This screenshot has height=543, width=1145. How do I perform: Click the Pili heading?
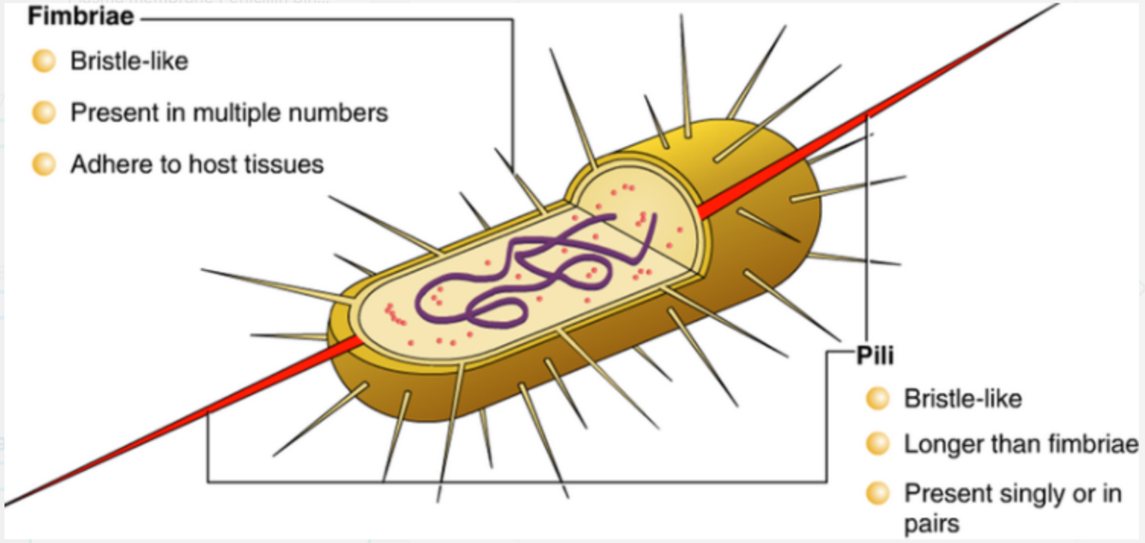coord(875,356)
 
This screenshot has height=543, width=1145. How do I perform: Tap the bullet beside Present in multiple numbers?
coord(43,113)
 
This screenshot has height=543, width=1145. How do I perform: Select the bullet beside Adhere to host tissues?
coord(43,163)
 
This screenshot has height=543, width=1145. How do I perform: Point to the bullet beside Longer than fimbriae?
coord(877,444)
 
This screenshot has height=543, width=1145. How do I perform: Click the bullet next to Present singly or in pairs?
coord(877,494)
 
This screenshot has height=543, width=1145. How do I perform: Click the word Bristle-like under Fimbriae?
coord(129,62)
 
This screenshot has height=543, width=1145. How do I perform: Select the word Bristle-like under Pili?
coord(962,399)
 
